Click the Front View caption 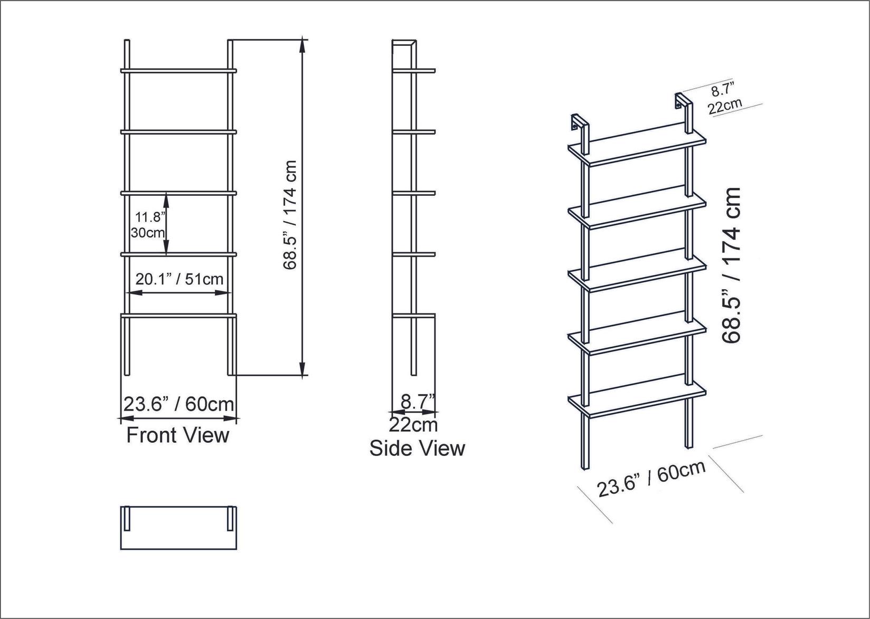pos(178,435)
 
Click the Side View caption pos(417,448)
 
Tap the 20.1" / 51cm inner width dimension pos(179,279)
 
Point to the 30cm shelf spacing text pos(147,232)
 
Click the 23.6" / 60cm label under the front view pos(178,404)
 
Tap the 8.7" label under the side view pos(418,402)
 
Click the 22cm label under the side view pos(413,424)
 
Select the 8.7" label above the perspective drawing pos(723,90)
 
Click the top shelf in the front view pos(178,70)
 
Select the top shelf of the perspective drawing pos(637,149)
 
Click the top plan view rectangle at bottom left pos(178,528)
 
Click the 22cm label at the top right pos(725,107)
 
